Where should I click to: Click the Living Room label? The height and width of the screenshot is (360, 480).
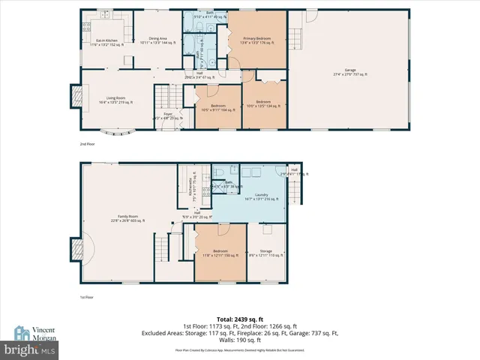point(115,99)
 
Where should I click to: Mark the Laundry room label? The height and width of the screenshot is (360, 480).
point(261,196)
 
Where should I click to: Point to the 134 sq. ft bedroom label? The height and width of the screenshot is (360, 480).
point(262,103)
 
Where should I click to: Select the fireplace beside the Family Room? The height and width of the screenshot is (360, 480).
point(76,248)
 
